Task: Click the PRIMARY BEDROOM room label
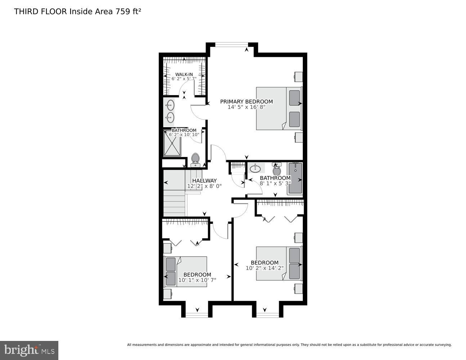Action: (x=246, y=102)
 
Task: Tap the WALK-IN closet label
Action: (x=184, y=75)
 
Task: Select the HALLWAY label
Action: (x=204, y=181)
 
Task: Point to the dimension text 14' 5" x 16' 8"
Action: (x=246, y=107)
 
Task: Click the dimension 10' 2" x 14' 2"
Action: (x=265, y=268)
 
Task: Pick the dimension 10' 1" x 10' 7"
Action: (x=197, y=280)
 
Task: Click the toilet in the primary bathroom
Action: (x=195, y=159)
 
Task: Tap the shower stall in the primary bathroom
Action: (x=172, y=143)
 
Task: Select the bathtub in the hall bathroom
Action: (x=295, y=179)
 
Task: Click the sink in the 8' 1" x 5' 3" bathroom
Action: (x=255, y=168)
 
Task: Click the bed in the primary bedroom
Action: (x=278, y=108)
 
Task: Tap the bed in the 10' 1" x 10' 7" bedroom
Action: (x=185, y=271)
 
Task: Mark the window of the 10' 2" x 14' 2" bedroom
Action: (x=268, y=315)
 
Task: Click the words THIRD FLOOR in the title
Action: (x=40, y=11)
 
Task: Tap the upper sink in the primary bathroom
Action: (x=170, y=105)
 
